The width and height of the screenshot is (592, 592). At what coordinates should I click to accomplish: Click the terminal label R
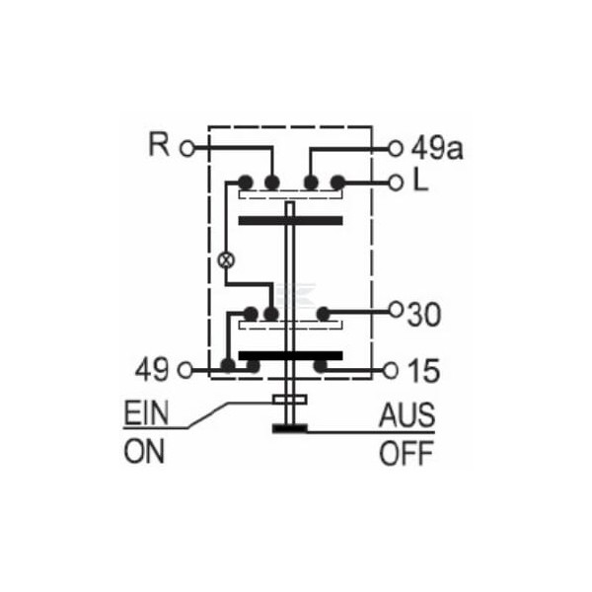[159, 144]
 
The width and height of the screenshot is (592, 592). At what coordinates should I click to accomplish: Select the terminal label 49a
[437, 148]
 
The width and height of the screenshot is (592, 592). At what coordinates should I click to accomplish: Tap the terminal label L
[421, 181]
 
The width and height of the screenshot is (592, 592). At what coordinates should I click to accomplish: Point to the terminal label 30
[424, 315]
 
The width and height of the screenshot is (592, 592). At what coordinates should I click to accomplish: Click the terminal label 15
[424, 370]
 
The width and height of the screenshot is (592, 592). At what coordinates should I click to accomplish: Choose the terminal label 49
[152, 370]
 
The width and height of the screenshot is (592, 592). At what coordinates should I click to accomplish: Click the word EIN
[146, 413]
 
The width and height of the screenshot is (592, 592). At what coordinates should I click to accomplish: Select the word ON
[144, 452]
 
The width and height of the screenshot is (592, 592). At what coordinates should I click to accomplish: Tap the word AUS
[407, 415]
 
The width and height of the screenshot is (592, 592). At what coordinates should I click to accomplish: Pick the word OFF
[406, 453]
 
